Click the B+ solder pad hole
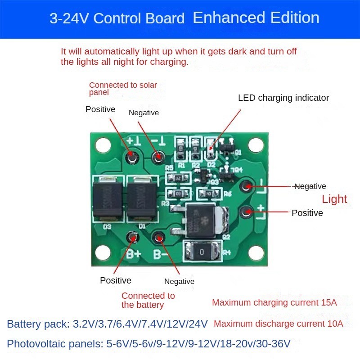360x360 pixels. pyautogui.click(x=131, y=237)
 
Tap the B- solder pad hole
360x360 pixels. pyautogui.click(x=158, y=238)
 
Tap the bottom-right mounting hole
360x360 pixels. pyautogui.click(x=256, y=253)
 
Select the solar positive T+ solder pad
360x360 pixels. pyautogui.click(x=132, y=156)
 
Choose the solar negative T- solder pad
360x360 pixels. pyautogui.click(x=158, y=157)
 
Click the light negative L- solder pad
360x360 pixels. pyautogui.click(x=246, y=186)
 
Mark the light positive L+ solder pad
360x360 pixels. pyautogui.click(x=246, y=211)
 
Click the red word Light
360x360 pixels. pyautogui.click(x=334, y=199)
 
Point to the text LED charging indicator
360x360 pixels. pyautogui.click(x=283, y=98)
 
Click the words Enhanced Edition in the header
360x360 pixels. pyautogui.click(x=256, y=18)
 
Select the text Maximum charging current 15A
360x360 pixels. pyautogui.click(x=274, y=302)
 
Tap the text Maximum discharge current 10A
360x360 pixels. pyautogui.click(x=279, y=324)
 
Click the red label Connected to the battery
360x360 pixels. pyautogui.click(x=148, y=300)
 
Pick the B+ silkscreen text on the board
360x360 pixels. pyautogui.click(x=134, y=254)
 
